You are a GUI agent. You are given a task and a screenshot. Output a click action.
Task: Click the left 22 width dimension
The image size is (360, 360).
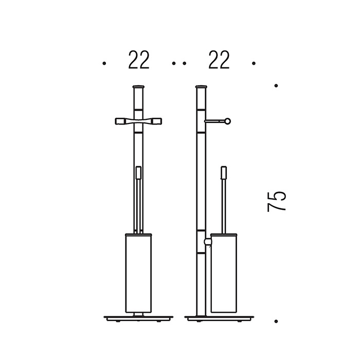[139, 60]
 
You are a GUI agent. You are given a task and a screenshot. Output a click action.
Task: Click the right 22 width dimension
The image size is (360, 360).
[219, 60]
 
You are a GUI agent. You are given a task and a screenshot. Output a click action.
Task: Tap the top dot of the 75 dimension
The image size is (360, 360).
[276, 86]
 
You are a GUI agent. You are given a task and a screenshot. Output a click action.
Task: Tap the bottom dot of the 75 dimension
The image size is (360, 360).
[276, 321]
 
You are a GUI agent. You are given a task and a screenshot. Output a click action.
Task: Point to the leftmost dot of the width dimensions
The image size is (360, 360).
[104, 63]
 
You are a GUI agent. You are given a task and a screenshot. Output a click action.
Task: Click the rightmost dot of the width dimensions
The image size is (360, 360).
[254, 63]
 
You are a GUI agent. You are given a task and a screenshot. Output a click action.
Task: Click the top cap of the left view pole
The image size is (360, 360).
[138, 87]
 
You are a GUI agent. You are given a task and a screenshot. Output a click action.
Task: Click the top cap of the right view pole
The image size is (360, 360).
[201, 87]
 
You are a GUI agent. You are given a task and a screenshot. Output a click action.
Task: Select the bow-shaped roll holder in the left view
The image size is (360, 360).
[138, 121]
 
